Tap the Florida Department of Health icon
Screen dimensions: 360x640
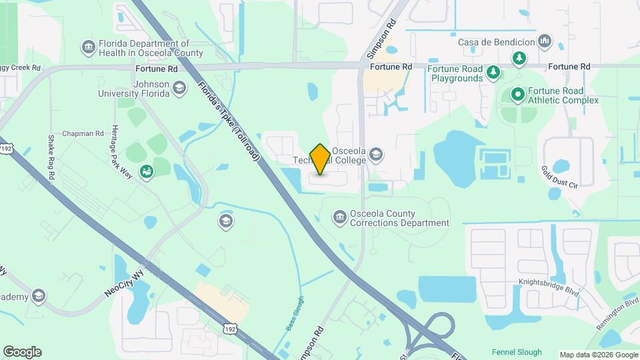pos(88,47)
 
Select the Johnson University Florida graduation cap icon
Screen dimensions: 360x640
pos(179,88)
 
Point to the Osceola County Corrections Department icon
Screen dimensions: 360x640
pos(339,217)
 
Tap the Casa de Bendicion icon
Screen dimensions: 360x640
pos(545,42)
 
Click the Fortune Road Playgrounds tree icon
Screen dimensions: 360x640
pos(493,71)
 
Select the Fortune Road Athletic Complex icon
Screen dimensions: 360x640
pos(517,95)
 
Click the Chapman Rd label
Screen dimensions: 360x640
pos(80,133)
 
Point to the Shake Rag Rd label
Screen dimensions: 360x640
pos(51,157)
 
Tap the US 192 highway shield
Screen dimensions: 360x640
pos(229,329)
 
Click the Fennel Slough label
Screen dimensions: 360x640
pos(517,352)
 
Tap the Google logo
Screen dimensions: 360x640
pos(22,351)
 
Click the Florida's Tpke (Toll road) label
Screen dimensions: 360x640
pos(228,121)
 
